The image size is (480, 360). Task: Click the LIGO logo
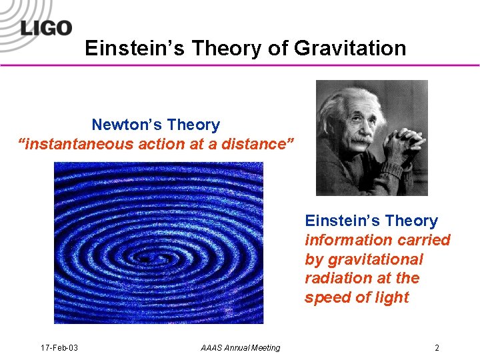pos(45,28)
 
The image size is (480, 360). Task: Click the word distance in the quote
pos(254,143)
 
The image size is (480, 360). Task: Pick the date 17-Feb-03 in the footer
pos(59,347)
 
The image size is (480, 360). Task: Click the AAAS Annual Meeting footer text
pos(240,347)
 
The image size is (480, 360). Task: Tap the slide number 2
pos(437,347)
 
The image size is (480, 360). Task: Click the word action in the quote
pos(169,143)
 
